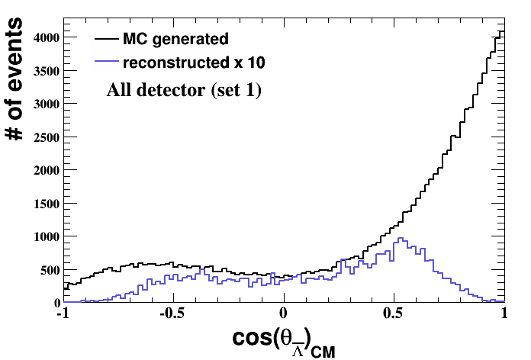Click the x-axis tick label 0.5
click(394, 313)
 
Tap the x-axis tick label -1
click(64, 313)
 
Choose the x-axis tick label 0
click(285, 313)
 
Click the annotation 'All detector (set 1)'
click(184, 91)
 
